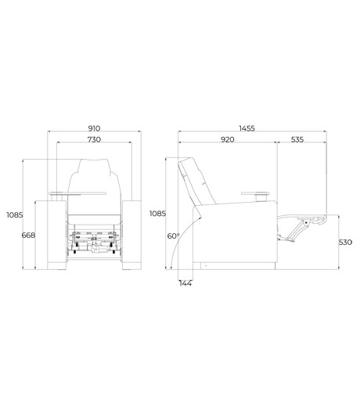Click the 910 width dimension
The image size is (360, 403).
pyautogui.click(x=94, y=128)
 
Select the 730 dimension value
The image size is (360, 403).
pyautogui.click(x=94, y=139)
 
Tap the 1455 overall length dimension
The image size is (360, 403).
pyautogui.click(x=247, y=128)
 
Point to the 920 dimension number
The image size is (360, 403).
pyautogui.click(x=228, y=139)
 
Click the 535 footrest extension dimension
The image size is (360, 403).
pyautogui.click(x=297, y=139)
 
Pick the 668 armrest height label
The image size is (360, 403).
pyautogui.click(x=28, y=236)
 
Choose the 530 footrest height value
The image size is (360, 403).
pyautogui.click(x=345, y=243)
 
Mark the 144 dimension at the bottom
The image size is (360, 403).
pyautogui.click(x=185, y=283)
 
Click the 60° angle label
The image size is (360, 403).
pyautogui.click(x=173, y=236)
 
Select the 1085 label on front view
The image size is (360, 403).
pyautogui.click(x=15, y=215)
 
